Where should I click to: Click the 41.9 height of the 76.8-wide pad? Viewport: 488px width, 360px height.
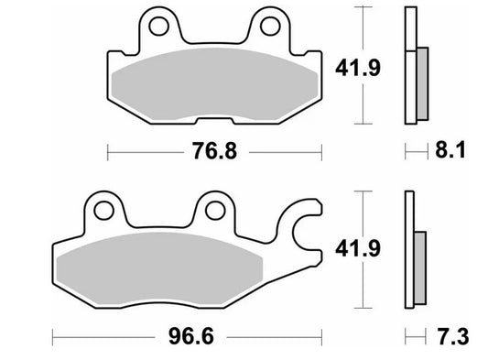click(x=396, y=66)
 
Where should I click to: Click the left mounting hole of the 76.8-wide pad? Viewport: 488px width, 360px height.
click(x=156, y=26)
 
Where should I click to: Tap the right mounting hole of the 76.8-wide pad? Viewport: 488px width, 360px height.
click(x=270, y=26)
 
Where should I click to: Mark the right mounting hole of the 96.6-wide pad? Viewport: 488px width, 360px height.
click(x=215, y=210)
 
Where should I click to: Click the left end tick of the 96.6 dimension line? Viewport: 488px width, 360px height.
click(x=53, y=336)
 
